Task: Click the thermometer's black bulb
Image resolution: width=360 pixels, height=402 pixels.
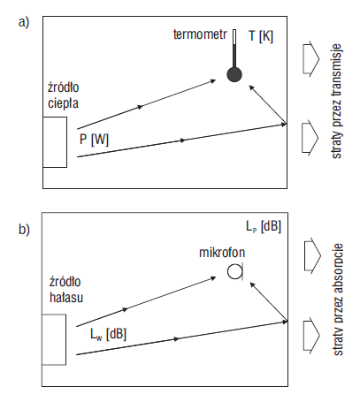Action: click(234, 74)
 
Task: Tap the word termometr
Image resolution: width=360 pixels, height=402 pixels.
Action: click(200, 34)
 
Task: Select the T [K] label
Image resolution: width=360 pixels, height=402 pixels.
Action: click(261, 36)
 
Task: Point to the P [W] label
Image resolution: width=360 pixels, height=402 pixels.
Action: click(94, 140)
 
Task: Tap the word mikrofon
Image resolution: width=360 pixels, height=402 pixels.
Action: click(222, 253)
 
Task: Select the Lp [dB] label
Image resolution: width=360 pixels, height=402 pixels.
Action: click(264, 227)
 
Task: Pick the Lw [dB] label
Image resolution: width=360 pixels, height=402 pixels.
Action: click(108, 334)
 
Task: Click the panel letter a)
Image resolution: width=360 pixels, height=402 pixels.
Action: click(24, 22)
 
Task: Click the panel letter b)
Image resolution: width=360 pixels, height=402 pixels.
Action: click(24, 230)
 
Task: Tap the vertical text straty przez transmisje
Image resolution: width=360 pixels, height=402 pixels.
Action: click(337, 102)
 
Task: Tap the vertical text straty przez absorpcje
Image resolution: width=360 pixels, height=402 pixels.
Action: click(338, 300)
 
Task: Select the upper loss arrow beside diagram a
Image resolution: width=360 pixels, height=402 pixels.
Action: click(311, 59)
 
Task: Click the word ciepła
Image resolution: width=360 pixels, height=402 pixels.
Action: click(63, 103)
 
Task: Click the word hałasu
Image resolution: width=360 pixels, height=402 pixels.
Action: click(66, 297)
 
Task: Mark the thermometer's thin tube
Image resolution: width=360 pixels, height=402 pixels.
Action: click(234, 49)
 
